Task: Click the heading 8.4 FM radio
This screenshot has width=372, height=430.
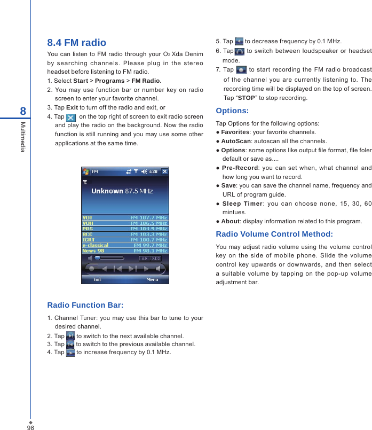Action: click(x=77, y=43)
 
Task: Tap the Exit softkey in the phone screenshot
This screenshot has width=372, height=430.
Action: click(x=98, y=279)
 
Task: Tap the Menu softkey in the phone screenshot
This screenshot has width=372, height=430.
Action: click(x=152, y=279)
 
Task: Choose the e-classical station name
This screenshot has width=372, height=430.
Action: click(x=95, y=245)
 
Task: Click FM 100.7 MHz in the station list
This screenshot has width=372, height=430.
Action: click(x=149, y=240)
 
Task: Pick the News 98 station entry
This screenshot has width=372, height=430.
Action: click(x=93, y=251)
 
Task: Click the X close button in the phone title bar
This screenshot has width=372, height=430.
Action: click(x=164, y=171)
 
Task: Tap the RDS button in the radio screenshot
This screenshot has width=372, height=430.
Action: click(x=156, y=259)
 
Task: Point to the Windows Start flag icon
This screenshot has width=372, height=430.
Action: click(x=86, y=171)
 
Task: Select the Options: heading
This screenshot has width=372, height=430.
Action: click(x=232, y=111)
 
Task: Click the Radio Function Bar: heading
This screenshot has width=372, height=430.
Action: click(x=85, y=305)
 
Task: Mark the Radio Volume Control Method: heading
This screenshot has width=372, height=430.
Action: click(x=274, y=234)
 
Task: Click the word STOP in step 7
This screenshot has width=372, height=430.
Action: click(x=246, y=98)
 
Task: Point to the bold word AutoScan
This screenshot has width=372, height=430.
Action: click(x=235, y=141)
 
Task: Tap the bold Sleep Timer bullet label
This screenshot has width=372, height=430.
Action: click(x=243, y=203)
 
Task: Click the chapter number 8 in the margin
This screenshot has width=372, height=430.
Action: click(x=22, y=111)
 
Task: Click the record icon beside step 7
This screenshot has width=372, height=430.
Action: click(x=241, y=70)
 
